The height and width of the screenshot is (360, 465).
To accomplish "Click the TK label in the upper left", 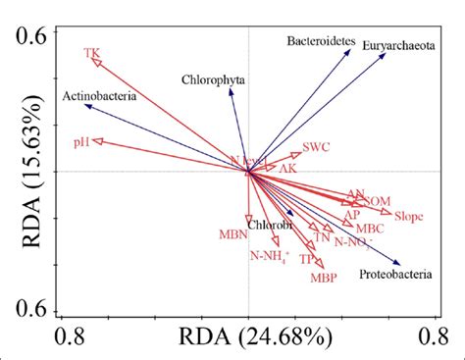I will point(92,52).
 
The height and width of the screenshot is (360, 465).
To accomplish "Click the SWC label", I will point(316,148).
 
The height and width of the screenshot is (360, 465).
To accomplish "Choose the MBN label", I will point(233,234).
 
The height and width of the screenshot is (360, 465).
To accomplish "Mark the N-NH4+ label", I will point(269,256).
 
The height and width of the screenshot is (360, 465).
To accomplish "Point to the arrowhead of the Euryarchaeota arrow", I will point(386,54).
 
